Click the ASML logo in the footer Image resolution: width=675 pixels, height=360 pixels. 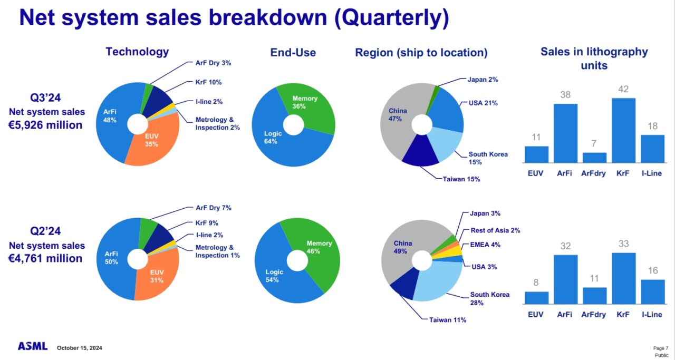point(32,346)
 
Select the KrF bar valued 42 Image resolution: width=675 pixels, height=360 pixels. point(623,130)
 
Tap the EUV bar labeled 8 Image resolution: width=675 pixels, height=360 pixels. point(536,298)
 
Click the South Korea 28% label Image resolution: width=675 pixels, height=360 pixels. point(489,298)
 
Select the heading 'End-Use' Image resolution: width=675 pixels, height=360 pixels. point(293,52)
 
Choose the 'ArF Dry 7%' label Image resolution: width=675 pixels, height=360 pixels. point(213,208)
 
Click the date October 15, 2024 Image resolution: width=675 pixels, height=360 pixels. point(79,348)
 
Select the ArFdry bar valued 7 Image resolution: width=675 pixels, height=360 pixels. point(594,158)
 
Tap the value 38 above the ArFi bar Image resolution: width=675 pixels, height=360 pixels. point(565,95)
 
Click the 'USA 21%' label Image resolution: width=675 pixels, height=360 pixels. point(483,103)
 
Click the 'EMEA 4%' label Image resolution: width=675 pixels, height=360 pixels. point(485,245)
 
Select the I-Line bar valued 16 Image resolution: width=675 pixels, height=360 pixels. point(652,291)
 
